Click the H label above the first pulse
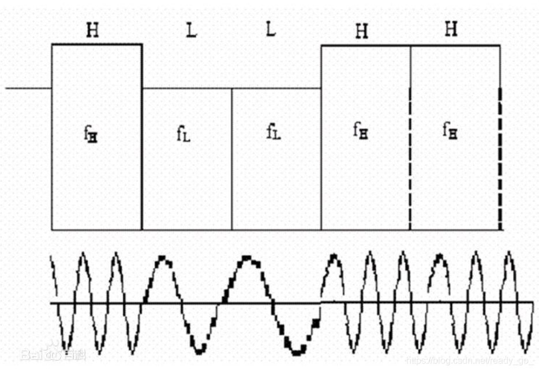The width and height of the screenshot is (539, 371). (x=92, y=31)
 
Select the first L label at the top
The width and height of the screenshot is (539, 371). (x=191, y=31)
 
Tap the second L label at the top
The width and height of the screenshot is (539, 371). (x=271, y=29)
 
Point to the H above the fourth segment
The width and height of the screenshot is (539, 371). (x=361, y=32)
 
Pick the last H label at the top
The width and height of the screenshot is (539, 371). (x=451, y=30)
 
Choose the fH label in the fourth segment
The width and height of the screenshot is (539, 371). (x=361, y=130)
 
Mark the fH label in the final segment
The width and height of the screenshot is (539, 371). (x=451, y=130)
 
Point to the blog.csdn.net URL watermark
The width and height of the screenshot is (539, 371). (x=470, y=360)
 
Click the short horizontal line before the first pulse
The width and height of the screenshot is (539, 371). (x=28, y=89)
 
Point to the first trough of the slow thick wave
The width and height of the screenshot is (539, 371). (x=200, y=349)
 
